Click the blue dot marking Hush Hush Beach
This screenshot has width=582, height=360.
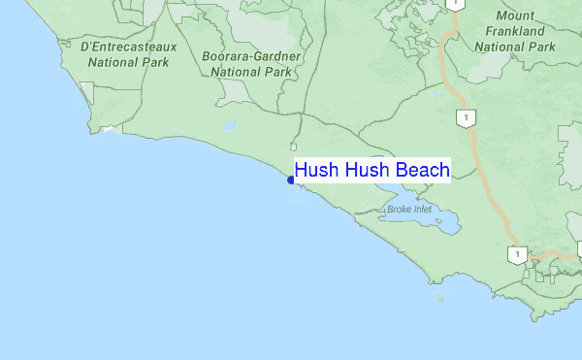[291, 180]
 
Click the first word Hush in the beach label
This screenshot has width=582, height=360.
[316, 171]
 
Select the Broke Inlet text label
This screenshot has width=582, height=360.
[407, 209]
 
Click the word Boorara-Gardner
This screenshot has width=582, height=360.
[251, 56]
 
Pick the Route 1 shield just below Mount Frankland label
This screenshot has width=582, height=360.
[467, 118]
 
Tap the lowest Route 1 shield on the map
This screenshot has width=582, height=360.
[517, 255]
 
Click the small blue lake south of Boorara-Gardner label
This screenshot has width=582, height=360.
[230, 126]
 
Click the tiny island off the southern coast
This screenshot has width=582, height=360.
[440, 298]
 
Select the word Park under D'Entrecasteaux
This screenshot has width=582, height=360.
[152, 62]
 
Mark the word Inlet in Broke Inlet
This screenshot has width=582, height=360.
[420, 209]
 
